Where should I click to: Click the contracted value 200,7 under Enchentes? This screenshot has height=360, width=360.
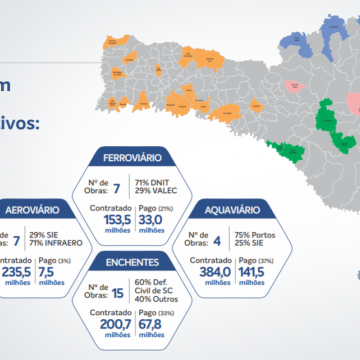click(115, 322)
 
